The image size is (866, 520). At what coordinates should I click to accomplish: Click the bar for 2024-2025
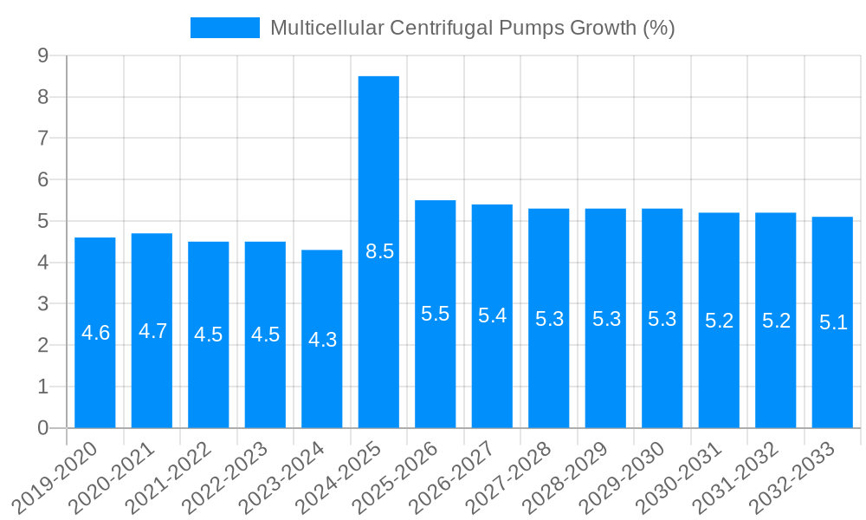point(378,251)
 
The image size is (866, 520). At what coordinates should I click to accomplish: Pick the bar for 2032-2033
point(832,322)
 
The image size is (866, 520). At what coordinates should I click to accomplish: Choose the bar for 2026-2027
point(492,315)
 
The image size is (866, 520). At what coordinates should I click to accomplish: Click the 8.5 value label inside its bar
point(379,252)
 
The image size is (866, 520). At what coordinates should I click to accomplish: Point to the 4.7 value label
point(152,331)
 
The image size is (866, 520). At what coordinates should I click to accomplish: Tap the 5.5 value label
point(436,314)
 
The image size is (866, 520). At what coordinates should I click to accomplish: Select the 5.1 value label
point(833,323)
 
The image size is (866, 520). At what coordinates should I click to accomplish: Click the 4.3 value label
point(322,340)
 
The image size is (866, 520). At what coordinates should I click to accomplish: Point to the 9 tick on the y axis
point(42,55)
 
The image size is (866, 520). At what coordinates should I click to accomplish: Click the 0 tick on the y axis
point(42,428)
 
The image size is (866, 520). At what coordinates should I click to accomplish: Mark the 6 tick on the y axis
point(42,179)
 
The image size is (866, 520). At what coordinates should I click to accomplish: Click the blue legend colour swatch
point(224,28)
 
